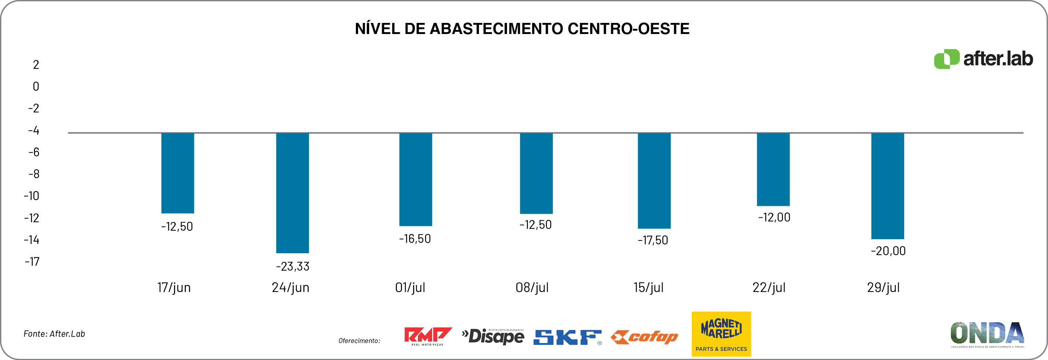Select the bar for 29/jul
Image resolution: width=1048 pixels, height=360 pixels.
tap(887, 186)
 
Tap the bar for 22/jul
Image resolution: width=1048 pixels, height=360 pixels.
tap(773, 169)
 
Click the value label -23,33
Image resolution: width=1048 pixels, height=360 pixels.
tap(293, 266)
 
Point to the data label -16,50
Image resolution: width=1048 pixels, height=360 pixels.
tap(415, 239)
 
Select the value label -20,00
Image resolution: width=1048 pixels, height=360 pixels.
tap(888, 251)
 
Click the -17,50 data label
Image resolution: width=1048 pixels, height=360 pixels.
tap(653, 240)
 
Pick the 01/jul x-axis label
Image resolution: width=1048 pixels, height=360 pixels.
tap(410, 288)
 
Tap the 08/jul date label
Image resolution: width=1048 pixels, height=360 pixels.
tap(532, 288)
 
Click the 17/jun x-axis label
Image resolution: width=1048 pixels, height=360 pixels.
tap(174, 288)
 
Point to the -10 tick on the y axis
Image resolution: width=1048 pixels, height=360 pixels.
tap(31, 196)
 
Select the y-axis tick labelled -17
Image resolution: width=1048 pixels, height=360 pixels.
tap(32, 262)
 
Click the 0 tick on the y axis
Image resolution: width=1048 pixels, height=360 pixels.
tap(36, 86)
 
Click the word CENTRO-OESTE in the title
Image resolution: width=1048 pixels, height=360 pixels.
tap(628, 28)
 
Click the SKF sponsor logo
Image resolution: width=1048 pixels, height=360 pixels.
tap(567, 337)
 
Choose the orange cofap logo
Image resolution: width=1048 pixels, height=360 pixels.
tap(644, 337)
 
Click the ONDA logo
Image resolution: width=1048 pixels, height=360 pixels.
tap(987, 334)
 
